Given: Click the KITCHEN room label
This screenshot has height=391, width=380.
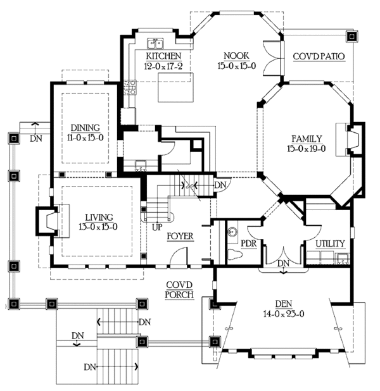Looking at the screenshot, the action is coord(163,56).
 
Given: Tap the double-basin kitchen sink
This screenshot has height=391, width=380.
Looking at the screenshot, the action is coord(155,44).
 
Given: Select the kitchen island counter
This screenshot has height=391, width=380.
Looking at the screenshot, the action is coord(176,87).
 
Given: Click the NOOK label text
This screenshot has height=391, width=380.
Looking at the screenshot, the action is coord(236,56).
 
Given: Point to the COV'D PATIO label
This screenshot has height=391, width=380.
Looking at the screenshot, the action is coord(319,56).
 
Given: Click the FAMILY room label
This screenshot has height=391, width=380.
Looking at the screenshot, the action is coord(307,139).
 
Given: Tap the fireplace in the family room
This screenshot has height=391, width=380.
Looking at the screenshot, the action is coord(350,139).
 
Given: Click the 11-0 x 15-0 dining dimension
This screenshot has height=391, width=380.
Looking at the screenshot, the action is coord(85,137).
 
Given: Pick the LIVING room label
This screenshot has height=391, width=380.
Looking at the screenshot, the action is coord(99,218).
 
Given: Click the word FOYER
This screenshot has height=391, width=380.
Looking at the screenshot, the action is coord(180,236).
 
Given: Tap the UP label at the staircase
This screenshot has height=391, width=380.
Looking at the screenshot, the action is coord(157,227).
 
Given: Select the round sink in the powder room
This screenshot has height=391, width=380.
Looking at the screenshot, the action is coord(232,231).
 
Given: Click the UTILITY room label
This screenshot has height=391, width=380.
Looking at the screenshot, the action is coord(330,244).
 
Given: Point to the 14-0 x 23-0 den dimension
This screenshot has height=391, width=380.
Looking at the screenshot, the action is coord(284,314).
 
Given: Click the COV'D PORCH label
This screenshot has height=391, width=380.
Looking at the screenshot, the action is coord(179,290).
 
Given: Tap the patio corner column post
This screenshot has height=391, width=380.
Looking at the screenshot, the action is coord(352,37).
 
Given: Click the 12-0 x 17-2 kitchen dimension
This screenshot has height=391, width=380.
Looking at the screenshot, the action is coord(163,66).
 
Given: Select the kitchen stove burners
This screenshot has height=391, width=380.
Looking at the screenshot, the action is coord(130,87).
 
